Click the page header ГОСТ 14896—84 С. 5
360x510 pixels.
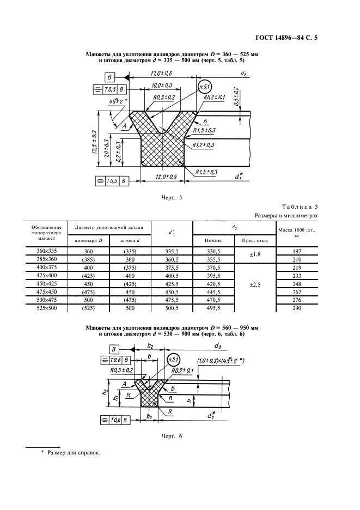(x=286, y=38)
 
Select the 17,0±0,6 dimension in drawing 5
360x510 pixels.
(x=161, y=73)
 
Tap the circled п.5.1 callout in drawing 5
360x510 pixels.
(x=205, y=86)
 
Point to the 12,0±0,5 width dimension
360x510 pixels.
(x=166, y=177)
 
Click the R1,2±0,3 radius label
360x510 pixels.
(x=203, y=145)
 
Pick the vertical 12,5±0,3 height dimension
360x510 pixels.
(x=94, y=142)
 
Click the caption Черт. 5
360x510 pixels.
(x=172, y=197)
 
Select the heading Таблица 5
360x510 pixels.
(x=300, y=207)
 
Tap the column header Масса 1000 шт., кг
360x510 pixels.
(x=297, y=233)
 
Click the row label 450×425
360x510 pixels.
(x=47, y=284)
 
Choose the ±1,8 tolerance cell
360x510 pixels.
(x=255, y=254)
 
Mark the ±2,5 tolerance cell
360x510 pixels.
(x=255, y=284)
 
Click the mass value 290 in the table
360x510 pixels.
(x=297, y=308)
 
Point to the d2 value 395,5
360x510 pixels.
(x=213, y=276)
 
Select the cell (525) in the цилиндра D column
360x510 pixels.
(x=88, y=308)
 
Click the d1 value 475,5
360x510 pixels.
(x=172, y=300)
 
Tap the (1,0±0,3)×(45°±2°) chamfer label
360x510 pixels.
(x=221, y=361)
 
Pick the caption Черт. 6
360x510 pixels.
(x=172, y=436)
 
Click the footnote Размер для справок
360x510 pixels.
(x=74, y=453)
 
